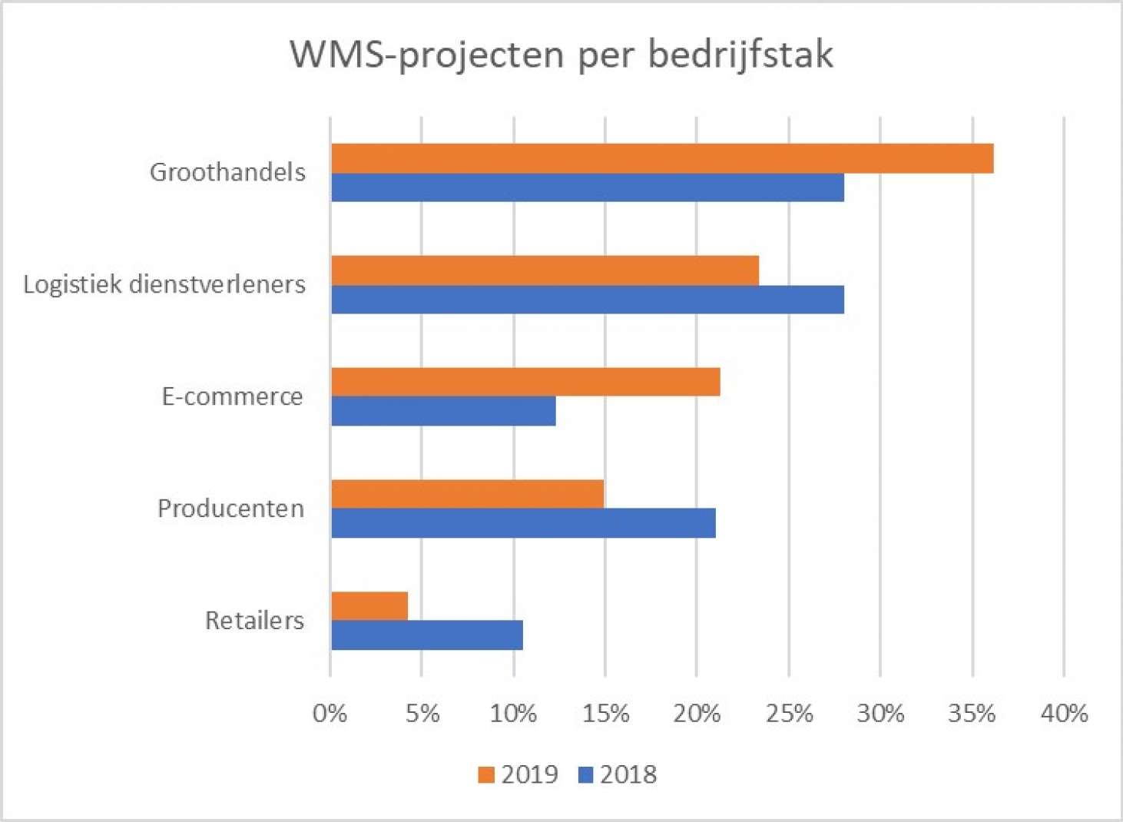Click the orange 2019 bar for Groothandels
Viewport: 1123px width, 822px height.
click(x=662, y=158)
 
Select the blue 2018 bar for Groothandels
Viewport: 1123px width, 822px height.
click(x=588, y=187)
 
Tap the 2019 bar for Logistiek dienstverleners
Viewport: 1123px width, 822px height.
click(x=545, y=270)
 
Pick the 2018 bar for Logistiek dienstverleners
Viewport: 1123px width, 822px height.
click(x=588, y=300)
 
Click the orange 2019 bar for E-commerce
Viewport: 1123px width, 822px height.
click(x=525, y=382)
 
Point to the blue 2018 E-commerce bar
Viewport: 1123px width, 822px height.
click(x=443, y=411)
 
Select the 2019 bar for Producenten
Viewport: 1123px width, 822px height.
click(x=467, y=494)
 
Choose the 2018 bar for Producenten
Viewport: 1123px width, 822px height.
click(x=523, y=523)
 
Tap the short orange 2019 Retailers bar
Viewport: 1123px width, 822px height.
click(x=369, y=606)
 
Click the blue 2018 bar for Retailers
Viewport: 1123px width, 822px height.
click(x=427, y=635)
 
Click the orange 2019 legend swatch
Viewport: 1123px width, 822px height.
click(x=485, y=775)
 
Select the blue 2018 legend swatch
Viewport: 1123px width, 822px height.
click(x=585, y=775)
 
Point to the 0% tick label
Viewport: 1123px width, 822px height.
click(x=330, y=714)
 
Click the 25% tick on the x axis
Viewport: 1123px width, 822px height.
click(x=789, y=714)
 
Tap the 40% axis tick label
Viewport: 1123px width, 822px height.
click(x=1064, y=714)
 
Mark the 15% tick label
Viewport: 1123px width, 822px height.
click(x=605, y=714)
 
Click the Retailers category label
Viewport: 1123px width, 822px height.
click(x=254, y=620)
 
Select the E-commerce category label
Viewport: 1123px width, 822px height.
click(x=232, y=396)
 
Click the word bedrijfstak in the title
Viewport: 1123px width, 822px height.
click(x=740, y=55)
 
